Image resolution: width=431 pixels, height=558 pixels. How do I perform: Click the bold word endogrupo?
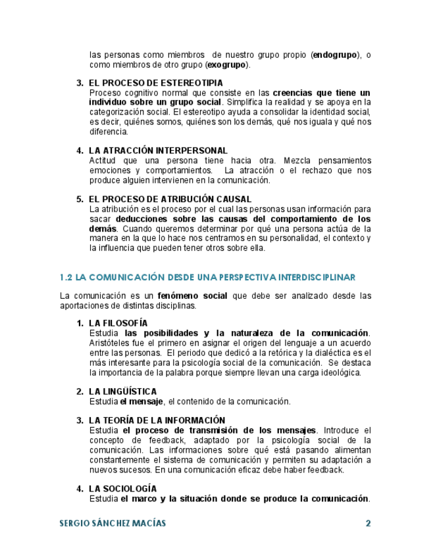336,55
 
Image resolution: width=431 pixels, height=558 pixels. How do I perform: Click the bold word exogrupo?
226,64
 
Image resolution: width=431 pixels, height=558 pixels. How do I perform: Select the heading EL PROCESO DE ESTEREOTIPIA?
155,83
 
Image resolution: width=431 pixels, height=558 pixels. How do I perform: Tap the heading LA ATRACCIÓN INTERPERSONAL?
158,151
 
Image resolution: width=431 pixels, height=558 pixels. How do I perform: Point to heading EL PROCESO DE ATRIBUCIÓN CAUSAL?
170,199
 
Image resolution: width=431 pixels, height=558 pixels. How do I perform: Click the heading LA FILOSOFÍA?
118,323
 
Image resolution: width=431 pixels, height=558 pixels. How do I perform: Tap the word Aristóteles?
110,343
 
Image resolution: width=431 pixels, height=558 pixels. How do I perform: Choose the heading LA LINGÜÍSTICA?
122,392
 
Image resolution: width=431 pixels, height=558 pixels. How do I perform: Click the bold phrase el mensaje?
141,401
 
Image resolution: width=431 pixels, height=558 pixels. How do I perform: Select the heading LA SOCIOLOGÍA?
122,488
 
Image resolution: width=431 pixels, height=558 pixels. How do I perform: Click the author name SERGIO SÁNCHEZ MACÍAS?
113,524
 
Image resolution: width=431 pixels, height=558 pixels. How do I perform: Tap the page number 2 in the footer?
368,524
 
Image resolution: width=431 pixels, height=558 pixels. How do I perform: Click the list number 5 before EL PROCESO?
80,199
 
